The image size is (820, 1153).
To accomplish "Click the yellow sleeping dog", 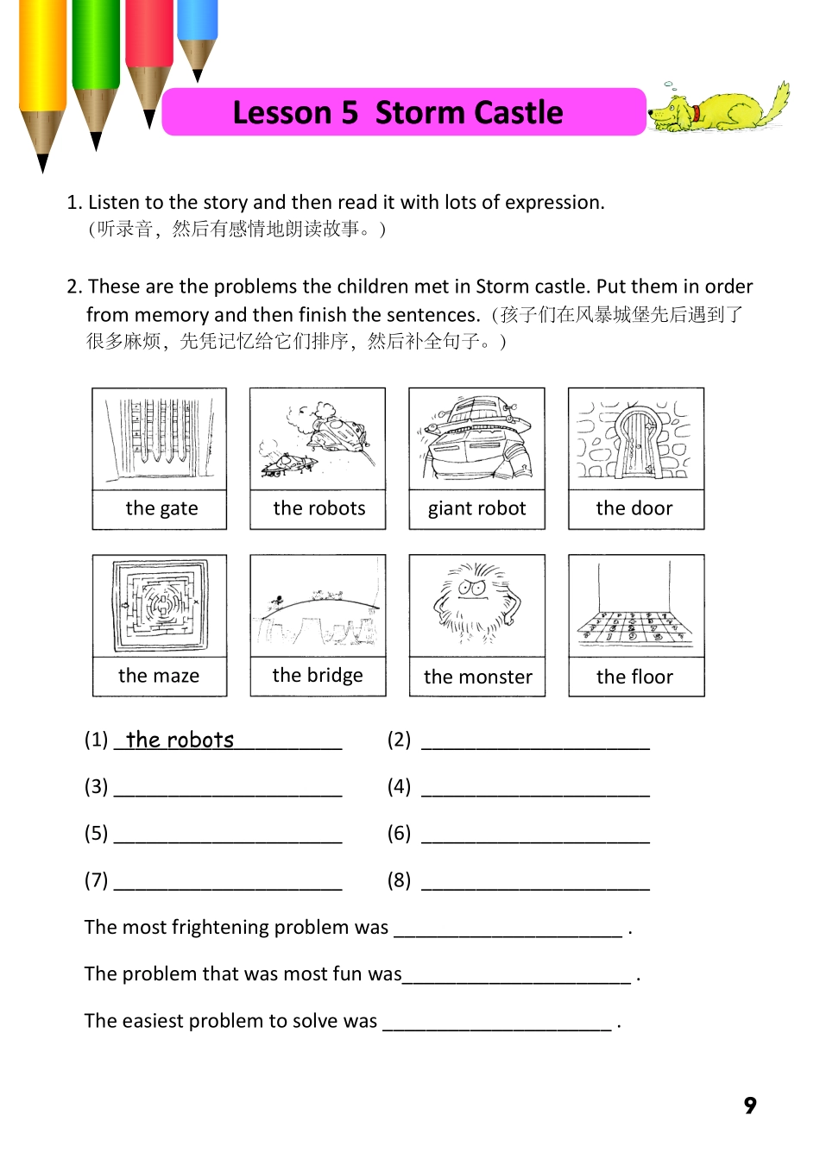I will tap(719, 110).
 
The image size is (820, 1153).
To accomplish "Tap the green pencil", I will tap(96, 60).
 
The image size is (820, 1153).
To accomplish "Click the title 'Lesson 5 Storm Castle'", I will tap(398, 113).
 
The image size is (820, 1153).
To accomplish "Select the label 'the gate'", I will tap(161, 508).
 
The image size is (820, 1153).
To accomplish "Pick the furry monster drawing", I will tap(476, 604).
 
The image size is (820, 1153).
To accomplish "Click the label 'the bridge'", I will tap(318, 676).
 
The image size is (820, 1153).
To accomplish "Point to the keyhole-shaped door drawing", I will tap(636, 440).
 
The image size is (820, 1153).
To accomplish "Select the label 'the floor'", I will tap(634, 677).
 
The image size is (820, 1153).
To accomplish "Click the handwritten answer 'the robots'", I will tap(180, 740).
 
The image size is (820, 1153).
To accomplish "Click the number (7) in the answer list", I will tap(96, 880).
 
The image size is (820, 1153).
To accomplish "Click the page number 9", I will tap(750, 1106).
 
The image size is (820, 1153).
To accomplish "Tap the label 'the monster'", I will tap(478, 677).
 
